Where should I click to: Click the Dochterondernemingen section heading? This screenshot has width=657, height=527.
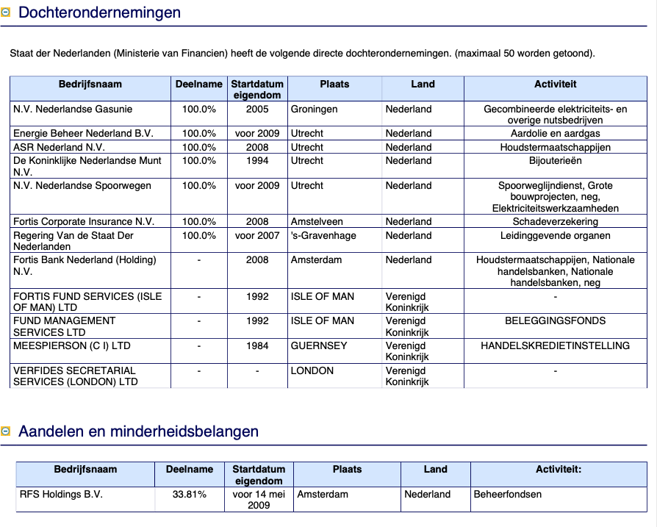point(99,12)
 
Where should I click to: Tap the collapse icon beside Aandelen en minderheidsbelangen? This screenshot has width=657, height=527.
point(6,431)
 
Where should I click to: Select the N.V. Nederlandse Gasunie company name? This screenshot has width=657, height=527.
point(73,110)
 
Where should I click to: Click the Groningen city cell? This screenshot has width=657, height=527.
point(314,110)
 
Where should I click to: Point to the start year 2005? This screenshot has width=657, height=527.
point(257,110)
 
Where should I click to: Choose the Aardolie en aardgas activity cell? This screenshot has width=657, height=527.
point(555,134)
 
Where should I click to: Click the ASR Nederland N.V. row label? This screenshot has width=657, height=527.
point(59,148)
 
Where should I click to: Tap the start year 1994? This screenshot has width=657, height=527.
point(257,160)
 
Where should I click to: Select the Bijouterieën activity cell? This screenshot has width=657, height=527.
point(555,160)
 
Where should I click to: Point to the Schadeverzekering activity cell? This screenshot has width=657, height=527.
point(555,222)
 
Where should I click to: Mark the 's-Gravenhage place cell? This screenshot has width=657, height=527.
point(323,236)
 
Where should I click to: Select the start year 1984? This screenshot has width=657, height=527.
point(257,346)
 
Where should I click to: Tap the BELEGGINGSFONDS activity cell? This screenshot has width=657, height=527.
point(555,321)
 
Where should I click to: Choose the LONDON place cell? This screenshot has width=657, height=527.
point(312,371)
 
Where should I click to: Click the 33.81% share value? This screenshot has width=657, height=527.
point(190,495)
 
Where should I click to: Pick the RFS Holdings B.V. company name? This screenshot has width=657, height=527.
point(61,495)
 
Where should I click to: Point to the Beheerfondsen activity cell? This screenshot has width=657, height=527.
point(508,495)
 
